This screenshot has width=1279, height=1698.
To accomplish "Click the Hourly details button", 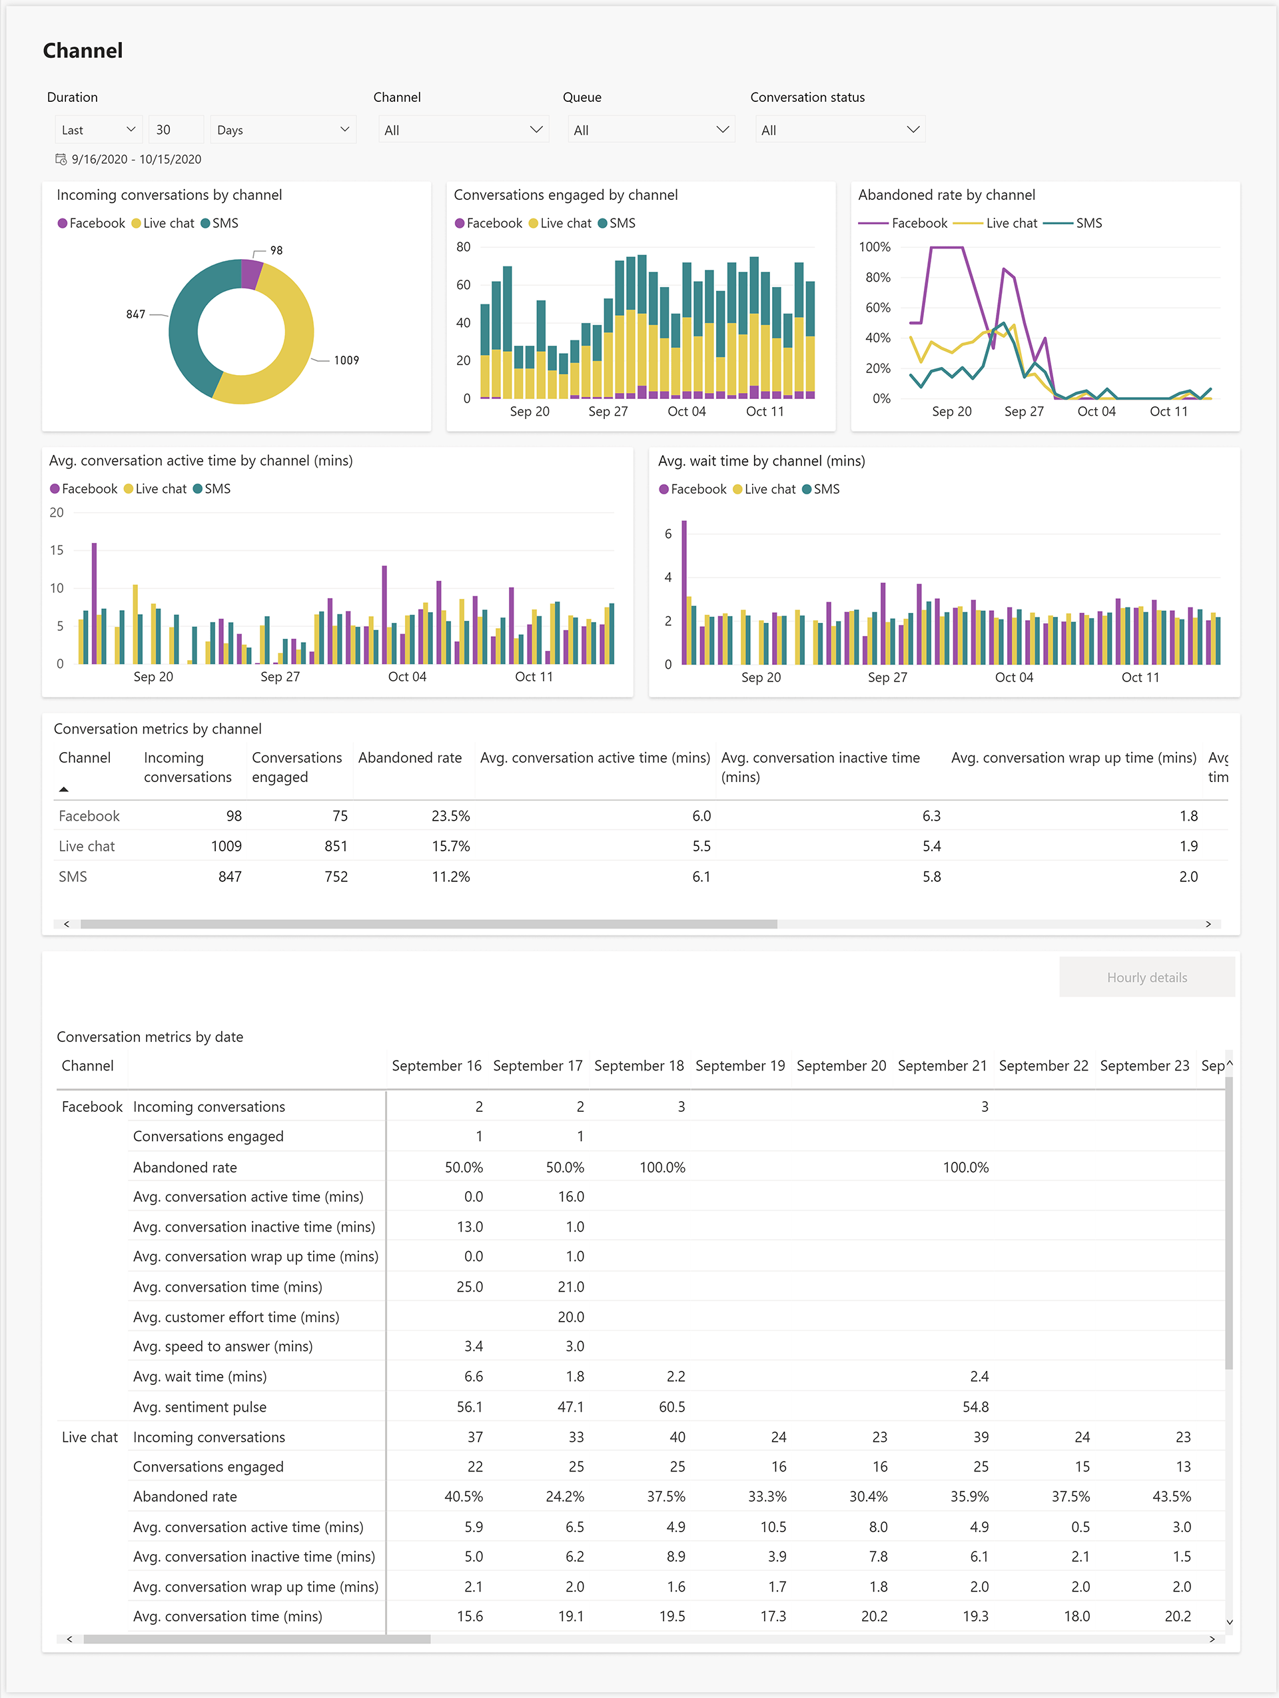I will click(x=1146, y=977).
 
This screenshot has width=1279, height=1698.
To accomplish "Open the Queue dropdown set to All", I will click(x=650, y=130).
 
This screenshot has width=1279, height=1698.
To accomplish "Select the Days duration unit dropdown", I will click(x=282, y=130).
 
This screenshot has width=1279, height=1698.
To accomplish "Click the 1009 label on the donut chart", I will click(x=346, y=360).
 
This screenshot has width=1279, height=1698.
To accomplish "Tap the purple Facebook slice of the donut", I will click(x=251, y=274).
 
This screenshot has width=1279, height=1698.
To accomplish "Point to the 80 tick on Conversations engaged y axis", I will click(x=463, y=247).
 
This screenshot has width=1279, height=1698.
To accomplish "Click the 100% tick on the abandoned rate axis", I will click(x=875, y=247).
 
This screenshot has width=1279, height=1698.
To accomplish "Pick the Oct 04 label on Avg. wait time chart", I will click(x=1013, y=677).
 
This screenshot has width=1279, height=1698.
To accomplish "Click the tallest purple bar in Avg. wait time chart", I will click(x=684, y=591).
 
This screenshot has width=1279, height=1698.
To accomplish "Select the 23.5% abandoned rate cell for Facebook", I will click(x=450, y=816).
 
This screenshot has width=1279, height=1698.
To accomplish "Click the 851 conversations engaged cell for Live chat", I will click(x=336, y=846).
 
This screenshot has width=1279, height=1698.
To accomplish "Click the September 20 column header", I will click(x=841, y=1065).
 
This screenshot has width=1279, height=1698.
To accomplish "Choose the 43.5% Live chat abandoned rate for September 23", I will click(x=1172, y=1496).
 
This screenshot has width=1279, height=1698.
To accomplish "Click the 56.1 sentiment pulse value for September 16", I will click(x=469, y=1407).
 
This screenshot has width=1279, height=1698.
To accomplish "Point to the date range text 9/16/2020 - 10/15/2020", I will click(x=136, y=160).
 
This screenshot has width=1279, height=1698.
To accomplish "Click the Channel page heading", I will click(x=83, y=51).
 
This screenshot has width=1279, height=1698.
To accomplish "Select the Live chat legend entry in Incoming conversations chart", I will click(x=163, y=223).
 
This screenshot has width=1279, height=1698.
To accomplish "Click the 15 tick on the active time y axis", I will click(x=57, y=550).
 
